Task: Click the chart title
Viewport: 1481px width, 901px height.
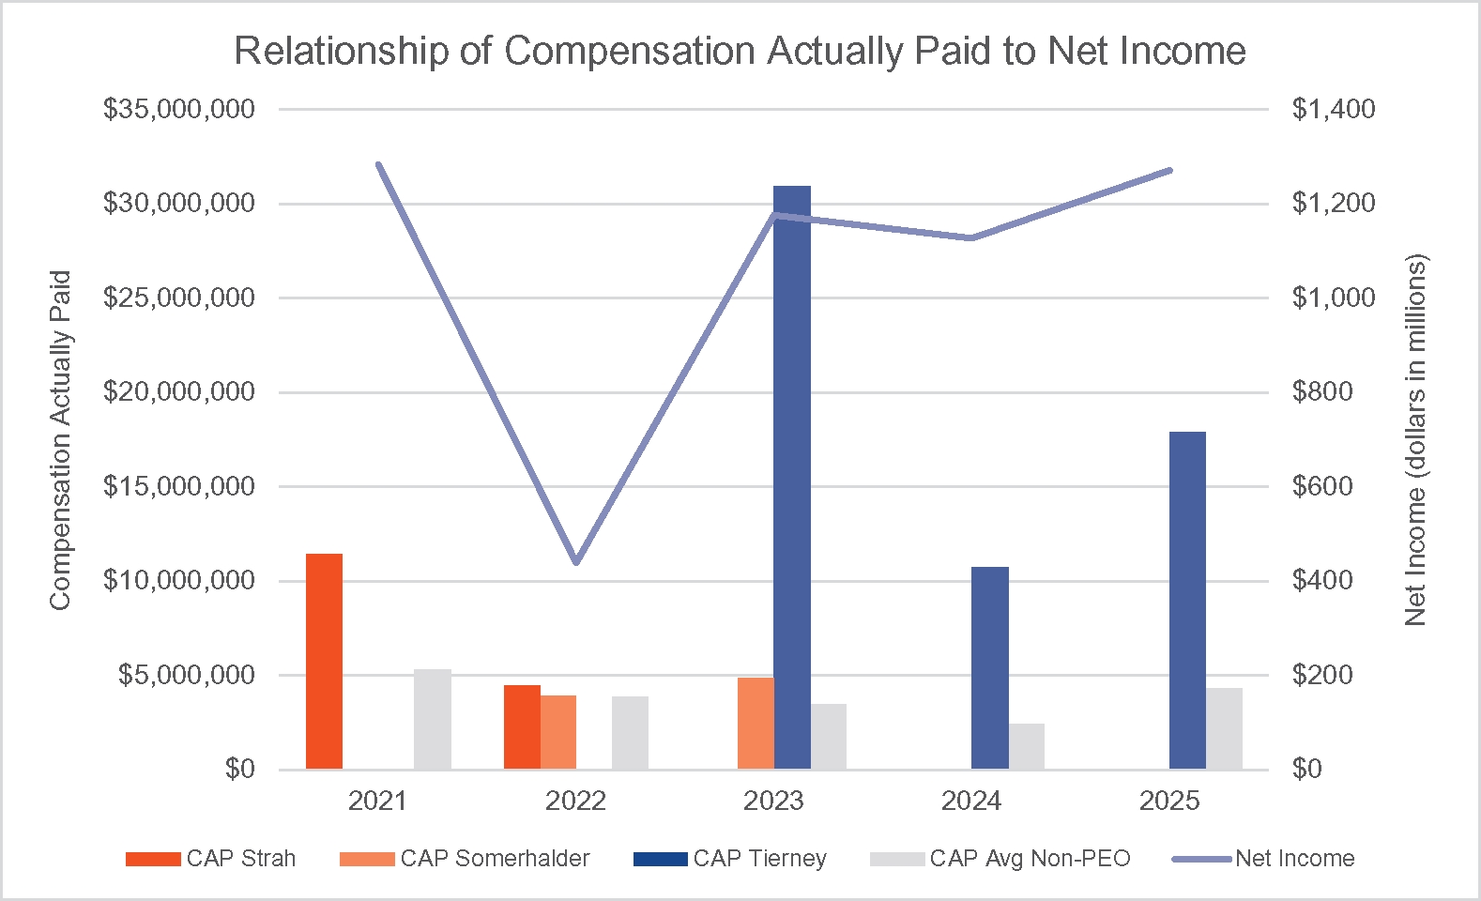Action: (740, 51)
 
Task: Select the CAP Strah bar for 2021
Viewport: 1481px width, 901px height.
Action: (325, 662)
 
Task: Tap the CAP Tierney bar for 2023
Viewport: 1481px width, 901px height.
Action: (792, 478)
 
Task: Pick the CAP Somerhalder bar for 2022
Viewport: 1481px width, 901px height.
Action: (558, 732)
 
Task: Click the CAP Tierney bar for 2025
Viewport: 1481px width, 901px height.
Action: (1187, 601)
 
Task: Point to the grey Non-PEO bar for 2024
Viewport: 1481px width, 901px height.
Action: (1027, 746)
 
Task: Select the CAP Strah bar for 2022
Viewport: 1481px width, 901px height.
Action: (522, 727)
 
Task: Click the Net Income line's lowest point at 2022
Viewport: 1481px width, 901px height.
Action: (576, 562)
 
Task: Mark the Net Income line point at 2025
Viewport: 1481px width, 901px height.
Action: (1169, 170)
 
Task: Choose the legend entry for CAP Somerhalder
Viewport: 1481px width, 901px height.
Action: (465, 859)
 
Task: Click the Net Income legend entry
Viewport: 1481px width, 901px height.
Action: (1263, 859)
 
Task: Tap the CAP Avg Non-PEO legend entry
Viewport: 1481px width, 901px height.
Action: (1000, 859)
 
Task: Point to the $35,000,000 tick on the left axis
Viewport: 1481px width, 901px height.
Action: (179, 110)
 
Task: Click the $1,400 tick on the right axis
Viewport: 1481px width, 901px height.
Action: (1333, 110)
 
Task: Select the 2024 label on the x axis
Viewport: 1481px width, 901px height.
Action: (971, 801)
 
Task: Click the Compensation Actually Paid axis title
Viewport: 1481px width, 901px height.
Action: (60, 440)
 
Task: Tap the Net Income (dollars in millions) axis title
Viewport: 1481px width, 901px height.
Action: (1415, 440)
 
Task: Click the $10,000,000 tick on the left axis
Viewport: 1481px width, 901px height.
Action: (179, 581)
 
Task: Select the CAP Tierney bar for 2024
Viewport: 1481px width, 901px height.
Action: (990, 668)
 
